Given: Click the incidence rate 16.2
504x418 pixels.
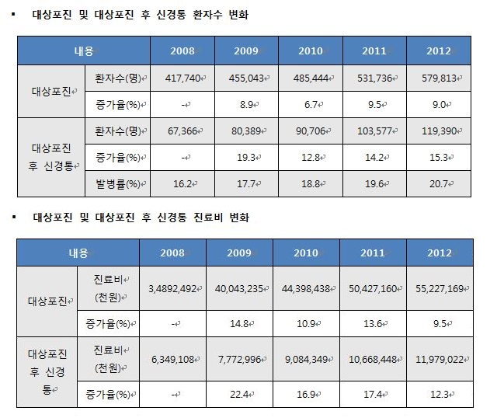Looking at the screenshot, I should coord(185,184).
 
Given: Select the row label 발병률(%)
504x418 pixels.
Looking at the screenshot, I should coord(121,184).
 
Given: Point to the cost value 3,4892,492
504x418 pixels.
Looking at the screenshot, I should coord(173,288).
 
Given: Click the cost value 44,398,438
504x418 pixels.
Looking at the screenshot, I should coord(305,288).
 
